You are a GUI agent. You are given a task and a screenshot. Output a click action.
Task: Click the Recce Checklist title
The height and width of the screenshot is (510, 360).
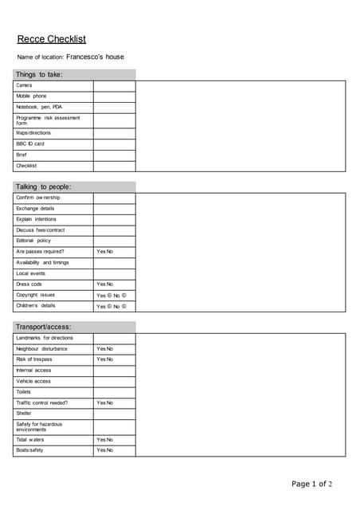(x=51, y=39)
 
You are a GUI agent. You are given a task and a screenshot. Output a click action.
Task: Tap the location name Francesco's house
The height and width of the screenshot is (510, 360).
(x=95, y=57)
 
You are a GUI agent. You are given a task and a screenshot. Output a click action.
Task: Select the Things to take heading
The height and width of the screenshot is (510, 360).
(x=39, y=75)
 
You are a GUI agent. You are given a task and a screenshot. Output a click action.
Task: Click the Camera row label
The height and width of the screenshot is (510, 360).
(x=24, y=85)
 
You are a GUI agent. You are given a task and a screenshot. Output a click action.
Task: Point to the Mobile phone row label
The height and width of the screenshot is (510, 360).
(x=31, y=96)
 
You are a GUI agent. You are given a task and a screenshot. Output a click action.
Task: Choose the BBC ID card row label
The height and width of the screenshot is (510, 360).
(x=30, y=143)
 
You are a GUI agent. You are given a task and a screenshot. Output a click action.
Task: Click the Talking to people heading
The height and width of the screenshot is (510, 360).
(x=44, y=186)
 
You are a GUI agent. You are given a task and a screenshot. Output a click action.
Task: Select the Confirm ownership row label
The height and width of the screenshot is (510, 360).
(x=37, y=198)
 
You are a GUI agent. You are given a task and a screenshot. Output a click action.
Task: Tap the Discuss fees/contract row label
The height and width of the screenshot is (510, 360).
(x=40, y=229)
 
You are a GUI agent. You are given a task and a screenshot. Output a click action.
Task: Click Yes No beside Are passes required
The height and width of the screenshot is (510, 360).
(x=104, y=252)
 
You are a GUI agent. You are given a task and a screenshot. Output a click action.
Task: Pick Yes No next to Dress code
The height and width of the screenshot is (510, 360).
(x=104, y=284)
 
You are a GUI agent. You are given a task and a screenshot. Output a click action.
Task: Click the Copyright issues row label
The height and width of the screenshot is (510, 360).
(x=36, y=295)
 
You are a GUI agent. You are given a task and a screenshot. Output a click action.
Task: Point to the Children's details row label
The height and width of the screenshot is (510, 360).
(x=36, y=305)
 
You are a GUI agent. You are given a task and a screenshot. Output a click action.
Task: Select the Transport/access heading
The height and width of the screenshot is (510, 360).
(x=44, y=327)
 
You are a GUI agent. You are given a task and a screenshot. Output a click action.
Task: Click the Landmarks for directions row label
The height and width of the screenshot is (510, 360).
(x=44, y=338)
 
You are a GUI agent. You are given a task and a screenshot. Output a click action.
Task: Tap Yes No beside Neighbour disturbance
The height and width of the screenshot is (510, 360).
(x=104, y=349)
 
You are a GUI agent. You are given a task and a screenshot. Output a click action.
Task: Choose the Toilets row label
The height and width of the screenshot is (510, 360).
(x=24, y=391)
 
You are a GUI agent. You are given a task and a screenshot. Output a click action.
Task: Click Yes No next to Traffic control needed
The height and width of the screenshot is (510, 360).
(x=104, y=402)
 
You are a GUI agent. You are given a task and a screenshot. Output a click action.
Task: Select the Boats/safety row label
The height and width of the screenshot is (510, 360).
(x=29, y=450)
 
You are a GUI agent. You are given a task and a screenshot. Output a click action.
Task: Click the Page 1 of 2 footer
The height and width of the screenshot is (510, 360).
(x=311, y=484)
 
